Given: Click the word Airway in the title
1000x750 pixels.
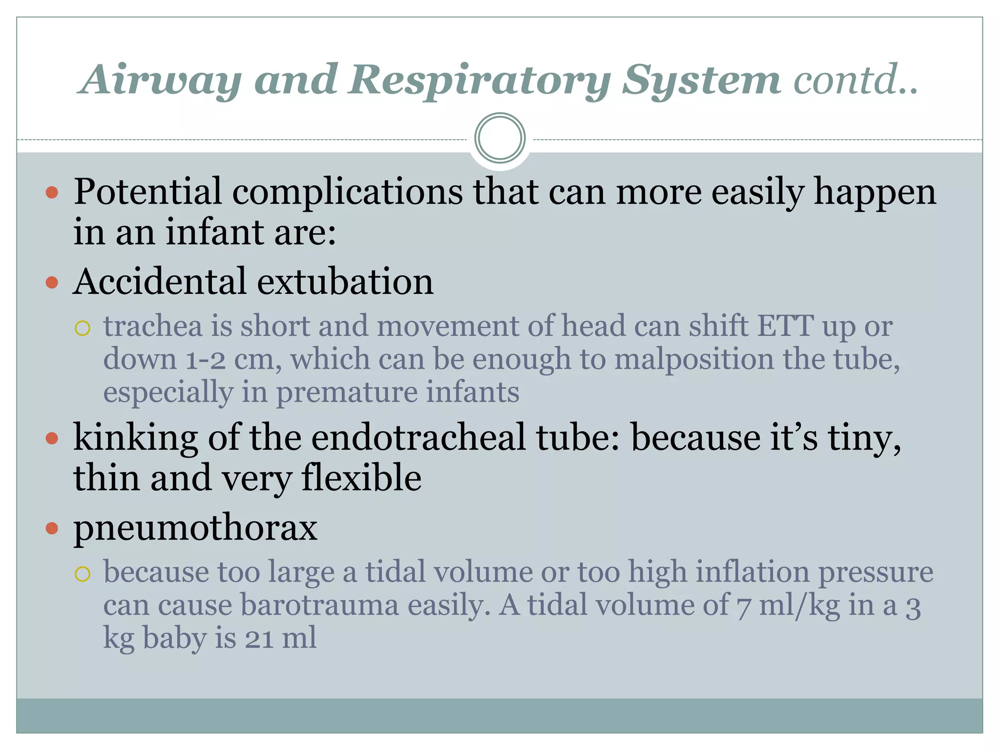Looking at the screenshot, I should [x=162, y=81].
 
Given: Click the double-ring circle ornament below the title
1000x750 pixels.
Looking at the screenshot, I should [x=500, y=138].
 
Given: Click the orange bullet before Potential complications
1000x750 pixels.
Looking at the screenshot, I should [x=52, y=192].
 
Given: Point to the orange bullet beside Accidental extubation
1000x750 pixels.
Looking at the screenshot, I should [x=52, y=282].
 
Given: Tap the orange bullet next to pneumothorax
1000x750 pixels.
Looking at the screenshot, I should [x=52, y=528].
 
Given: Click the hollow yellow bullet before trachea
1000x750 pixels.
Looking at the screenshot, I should [x=83, y=328].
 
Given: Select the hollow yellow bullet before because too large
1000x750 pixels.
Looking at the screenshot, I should [x=83, y=574].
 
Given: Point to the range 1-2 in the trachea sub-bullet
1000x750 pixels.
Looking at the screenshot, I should [x=205, y=360].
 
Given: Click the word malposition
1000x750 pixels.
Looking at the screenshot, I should [x=694, y=360].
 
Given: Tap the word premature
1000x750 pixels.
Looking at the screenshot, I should [x=347, y=393].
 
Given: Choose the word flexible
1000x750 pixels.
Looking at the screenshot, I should [x=361, y=478].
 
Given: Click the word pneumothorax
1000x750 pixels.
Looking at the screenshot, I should [x=195, y=528].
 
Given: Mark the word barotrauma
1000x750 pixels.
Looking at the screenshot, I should [x=319, y=605].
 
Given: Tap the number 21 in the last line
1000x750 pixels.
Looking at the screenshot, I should [x=259, y=639].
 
